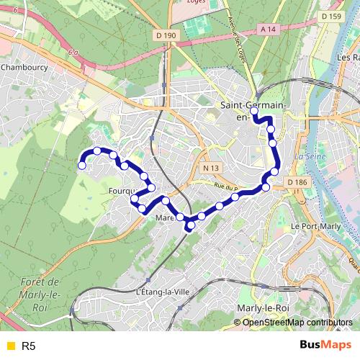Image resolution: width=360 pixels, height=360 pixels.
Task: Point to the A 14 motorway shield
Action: pos(268,29)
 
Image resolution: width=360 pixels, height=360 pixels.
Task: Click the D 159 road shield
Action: pos(330,16)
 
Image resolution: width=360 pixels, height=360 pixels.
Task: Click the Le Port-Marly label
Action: pos(314,225)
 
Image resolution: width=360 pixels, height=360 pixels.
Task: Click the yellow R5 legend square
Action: pos(9,346)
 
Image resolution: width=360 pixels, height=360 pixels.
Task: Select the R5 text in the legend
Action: pos(29,346)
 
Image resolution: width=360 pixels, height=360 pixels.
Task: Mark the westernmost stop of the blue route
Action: pos(82,166)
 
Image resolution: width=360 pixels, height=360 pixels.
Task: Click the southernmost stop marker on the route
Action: pos(190,227)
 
